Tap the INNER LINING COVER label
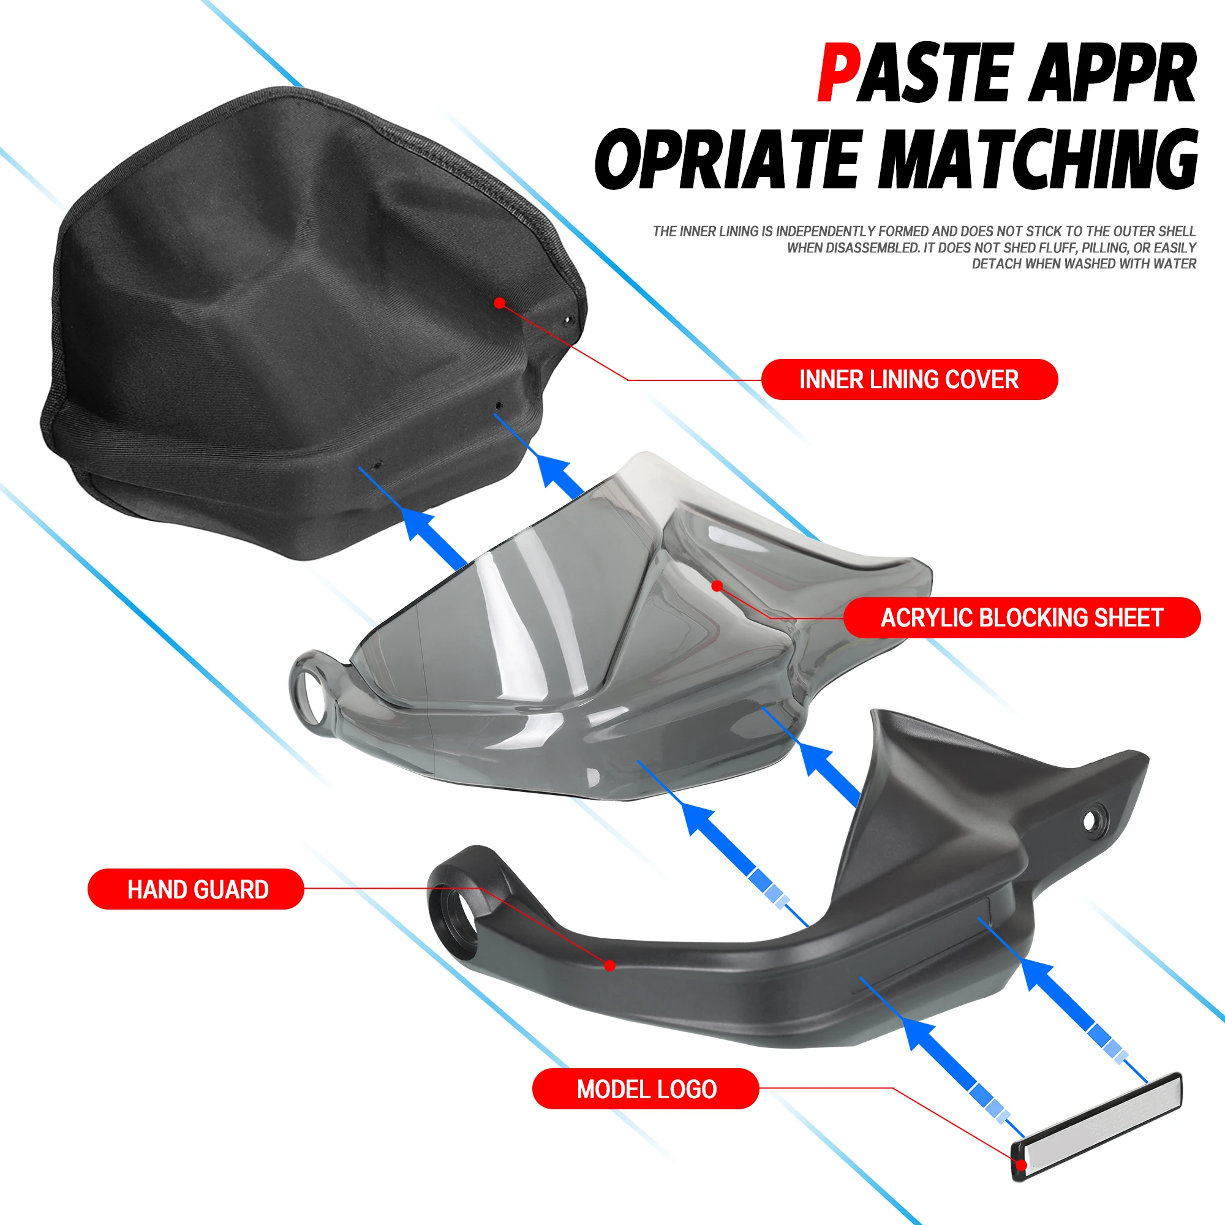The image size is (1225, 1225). click(x=909, y=379)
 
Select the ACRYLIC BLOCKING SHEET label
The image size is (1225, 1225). click(x=1022, y=617)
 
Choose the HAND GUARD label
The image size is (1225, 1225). click(x=196, y=889)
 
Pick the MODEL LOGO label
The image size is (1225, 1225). click(x=646, y=1088)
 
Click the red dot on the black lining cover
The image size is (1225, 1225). click(x=500, y=303)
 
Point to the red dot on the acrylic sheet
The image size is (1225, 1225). click(x=717, y=586)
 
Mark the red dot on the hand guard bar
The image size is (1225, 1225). click(x=610, y=966)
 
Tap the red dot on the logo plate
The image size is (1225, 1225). click(x=1022, y=1165)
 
